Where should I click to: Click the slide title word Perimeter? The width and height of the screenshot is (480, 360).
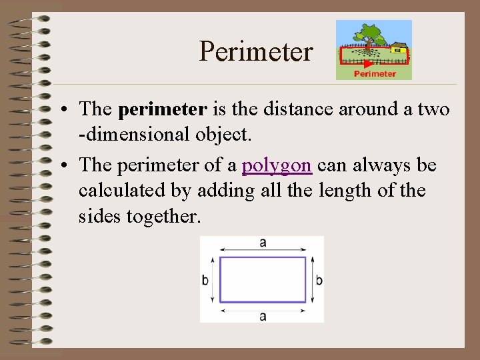click(256, 51)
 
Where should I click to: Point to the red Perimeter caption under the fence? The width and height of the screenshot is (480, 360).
click(374, 74)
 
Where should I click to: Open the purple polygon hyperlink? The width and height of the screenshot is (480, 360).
click(276, 165)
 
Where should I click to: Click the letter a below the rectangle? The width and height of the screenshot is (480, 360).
click(263, 316)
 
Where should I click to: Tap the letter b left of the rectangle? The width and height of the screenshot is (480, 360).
click(205, 280)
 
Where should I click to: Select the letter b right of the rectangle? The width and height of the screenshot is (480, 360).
click(319, 280)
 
